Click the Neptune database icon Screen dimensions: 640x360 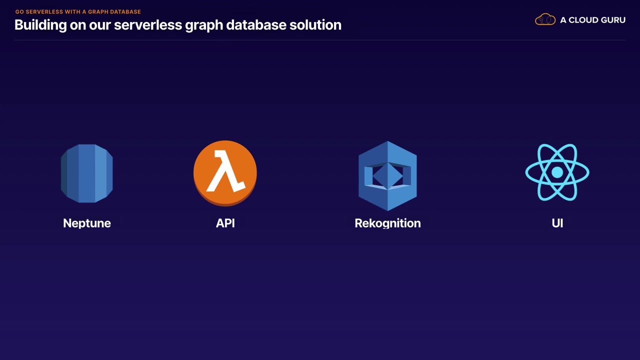click(x=87, y=173)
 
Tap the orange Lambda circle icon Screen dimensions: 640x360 click(x=225, y=173)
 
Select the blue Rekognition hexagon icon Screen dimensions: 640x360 click(x=387, y=175)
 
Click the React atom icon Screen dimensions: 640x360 click(x=557, y=172)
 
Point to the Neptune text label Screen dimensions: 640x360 click(x=87, y=223)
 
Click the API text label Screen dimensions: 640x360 click(x=225, y=223)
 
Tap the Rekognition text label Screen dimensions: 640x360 click(x=387, y=223)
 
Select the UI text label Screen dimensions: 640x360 click(x=557, y=223)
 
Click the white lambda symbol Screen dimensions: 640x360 click(x=225, y=172)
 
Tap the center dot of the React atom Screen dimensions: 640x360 click(x=557, y=172)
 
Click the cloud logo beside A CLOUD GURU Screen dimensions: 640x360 click(x=545, y=20)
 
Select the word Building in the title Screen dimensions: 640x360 click(x=40, y=25)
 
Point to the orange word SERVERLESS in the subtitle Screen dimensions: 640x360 click(x=44, y=11)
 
